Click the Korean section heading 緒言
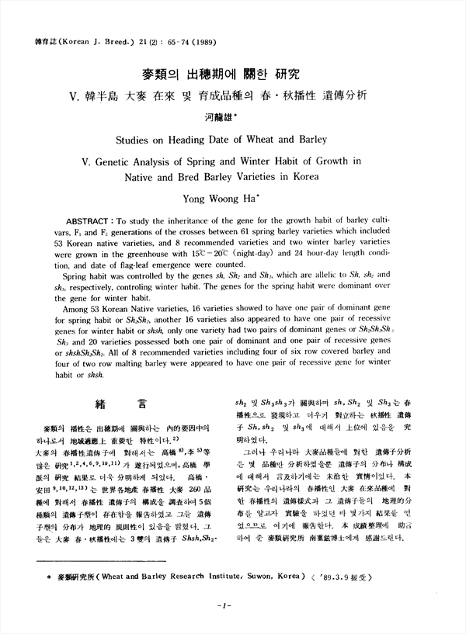(120, 404)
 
